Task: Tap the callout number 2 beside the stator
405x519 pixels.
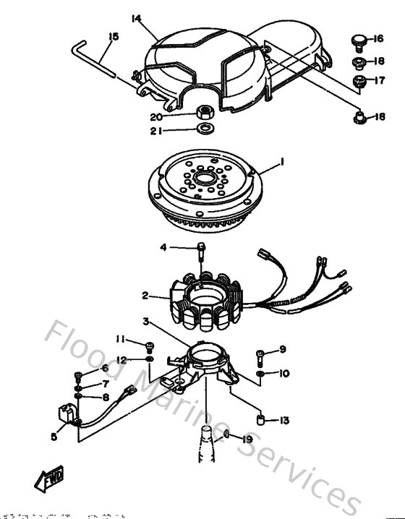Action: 145,296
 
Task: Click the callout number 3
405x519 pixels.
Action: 145,321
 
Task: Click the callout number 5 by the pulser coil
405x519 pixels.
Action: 55,437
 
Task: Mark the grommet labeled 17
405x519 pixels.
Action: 358,80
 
